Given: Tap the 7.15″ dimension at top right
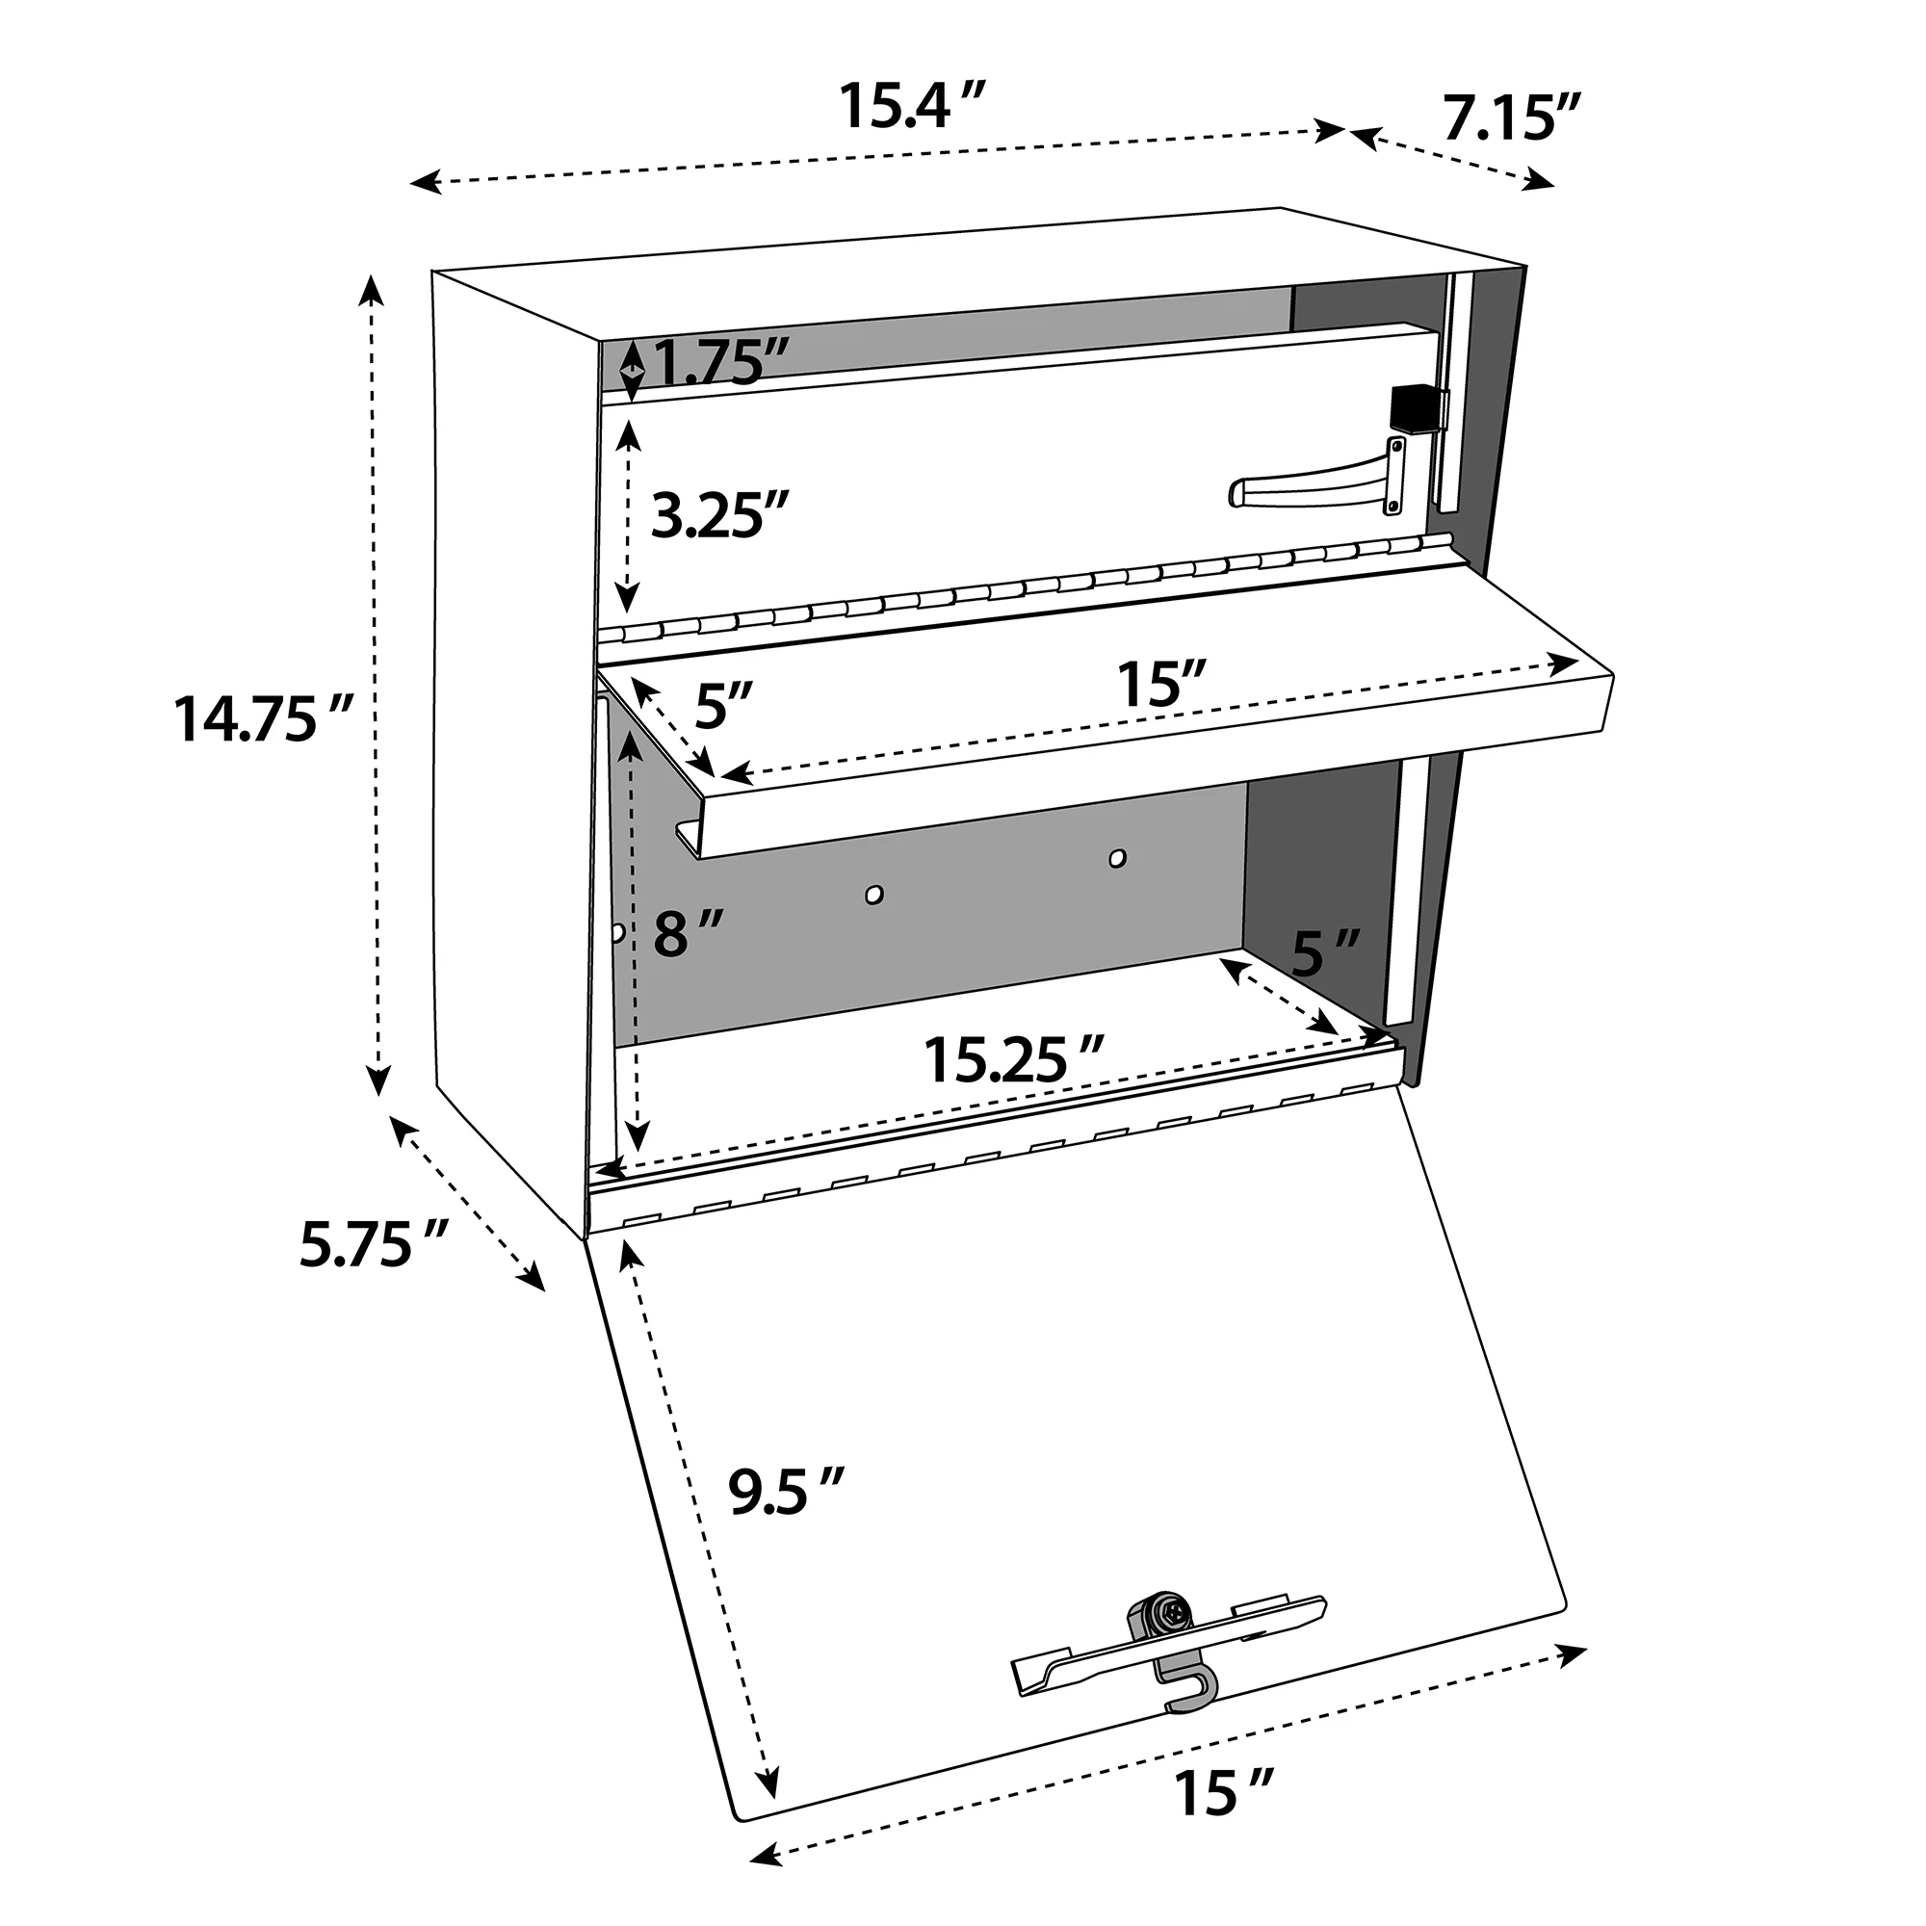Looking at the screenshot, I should (x=1511, y=119).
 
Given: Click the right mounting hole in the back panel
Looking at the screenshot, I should (x=1117, y=858).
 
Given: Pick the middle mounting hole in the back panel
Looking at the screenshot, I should (x=874, y=895).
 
